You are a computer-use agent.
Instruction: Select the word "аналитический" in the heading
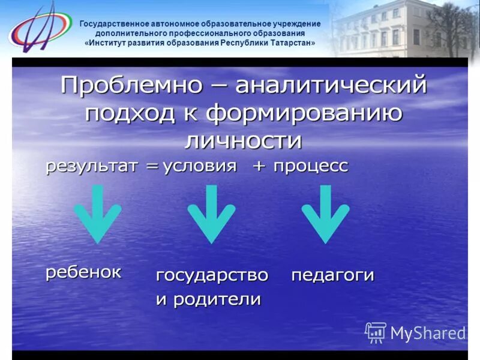[331, 86]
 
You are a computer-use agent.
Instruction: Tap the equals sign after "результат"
[148, 167]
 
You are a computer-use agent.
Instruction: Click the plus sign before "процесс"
[259, 167]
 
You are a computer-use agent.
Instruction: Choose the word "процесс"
[310, 166]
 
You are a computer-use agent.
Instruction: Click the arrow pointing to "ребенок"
[97, 213]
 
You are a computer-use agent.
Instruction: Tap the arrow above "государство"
[211, 213]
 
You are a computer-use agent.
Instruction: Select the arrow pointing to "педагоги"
[325, 213]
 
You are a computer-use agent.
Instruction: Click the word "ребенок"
[84, 271]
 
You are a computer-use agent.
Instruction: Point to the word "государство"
[212, 275]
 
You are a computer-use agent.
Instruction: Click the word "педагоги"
[332, 275]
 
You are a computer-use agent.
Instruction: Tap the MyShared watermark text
[427, 332]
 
